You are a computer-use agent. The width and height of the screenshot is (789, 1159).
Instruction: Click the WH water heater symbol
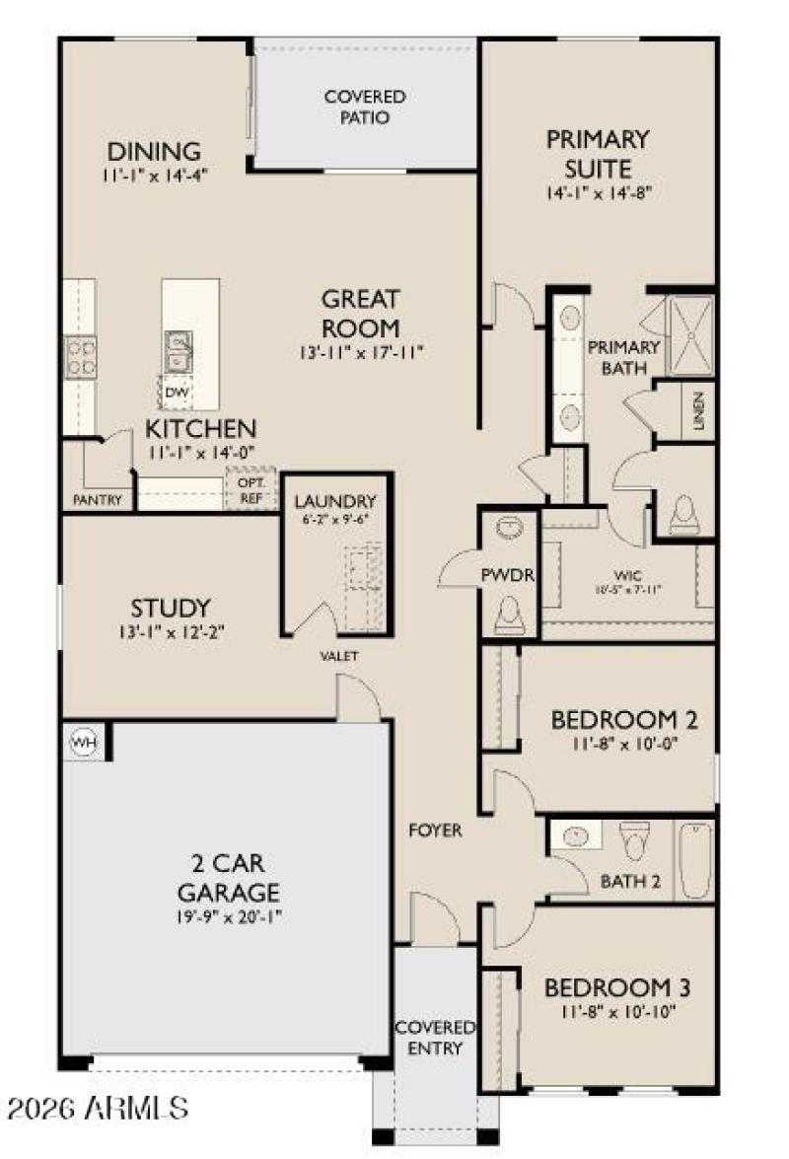(83, 742)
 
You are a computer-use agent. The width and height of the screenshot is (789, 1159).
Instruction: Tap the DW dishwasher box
(178, 392)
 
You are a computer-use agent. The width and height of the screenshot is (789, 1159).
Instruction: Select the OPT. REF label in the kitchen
(251, 490)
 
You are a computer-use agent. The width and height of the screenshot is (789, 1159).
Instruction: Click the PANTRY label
(99, 500)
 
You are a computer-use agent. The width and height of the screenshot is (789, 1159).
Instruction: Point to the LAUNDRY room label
(335, 500)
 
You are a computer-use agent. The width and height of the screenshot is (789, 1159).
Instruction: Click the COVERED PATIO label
(365, 107)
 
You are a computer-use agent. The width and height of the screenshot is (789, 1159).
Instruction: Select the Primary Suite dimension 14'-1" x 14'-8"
(598, 193)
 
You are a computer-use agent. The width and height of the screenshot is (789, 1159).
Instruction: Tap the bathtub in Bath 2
(695, 859)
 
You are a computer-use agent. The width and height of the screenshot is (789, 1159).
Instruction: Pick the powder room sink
(509, 531)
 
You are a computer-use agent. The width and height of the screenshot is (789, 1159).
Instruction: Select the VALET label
(338, 656)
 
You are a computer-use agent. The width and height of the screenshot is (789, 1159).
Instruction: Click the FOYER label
(435, 831)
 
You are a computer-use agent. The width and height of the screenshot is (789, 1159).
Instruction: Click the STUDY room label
(171, 608)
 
